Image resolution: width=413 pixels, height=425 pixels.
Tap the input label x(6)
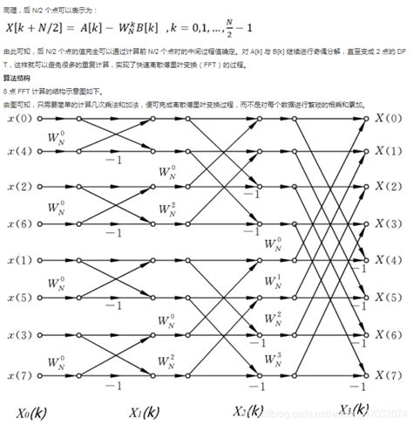tap(18, 224)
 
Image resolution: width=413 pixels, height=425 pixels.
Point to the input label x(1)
tap(18, 261)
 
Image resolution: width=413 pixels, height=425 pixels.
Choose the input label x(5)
tap(18, 298)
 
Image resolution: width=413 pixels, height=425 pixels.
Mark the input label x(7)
tap(18, 371)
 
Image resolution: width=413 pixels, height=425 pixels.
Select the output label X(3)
tap(392, 224)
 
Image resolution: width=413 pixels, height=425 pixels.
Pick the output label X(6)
tap(392, 334)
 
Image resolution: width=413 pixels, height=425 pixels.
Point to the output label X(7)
tap(392, 371)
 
